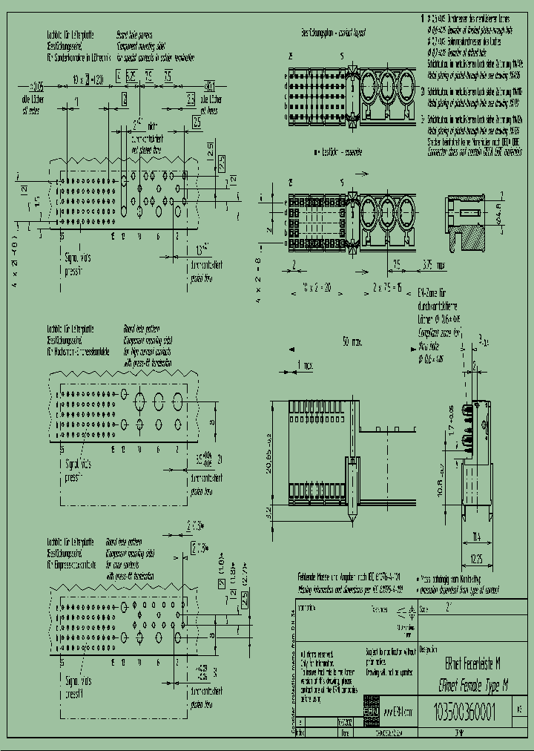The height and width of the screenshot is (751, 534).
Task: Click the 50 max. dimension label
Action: click(352, 342)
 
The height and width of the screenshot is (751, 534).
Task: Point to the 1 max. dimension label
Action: click(305, 364)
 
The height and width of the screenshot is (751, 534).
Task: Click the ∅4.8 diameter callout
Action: click(499, 217)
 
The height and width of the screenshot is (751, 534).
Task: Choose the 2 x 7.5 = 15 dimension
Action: click(386, 286)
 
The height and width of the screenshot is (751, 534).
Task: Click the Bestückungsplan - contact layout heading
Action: click(333, 33)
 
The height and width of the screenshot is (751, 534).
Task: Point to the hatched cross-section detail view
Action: click(466, 222)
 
